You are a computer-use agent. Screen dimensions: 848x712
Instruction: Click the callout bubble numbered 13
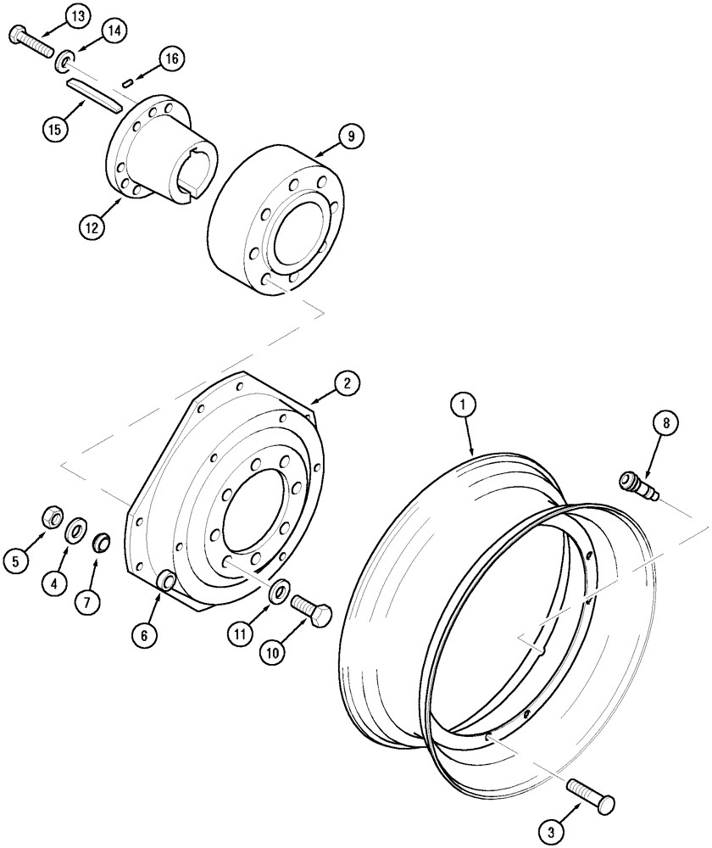(76, 17)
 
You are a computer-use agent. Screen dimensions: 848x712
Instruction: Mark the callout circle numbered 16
(171, 59)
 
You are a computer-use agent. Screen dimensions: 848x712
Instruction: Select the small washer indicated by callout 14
(63, 63)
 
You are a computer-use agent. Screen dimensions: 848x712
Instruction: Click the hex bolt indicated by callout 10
(311, 608)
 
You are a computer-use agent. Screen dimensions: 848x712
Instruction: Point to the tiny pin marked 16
(129, 82)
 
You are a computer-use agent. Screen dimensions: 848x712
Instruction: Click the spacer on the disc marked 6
(167, 582)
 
